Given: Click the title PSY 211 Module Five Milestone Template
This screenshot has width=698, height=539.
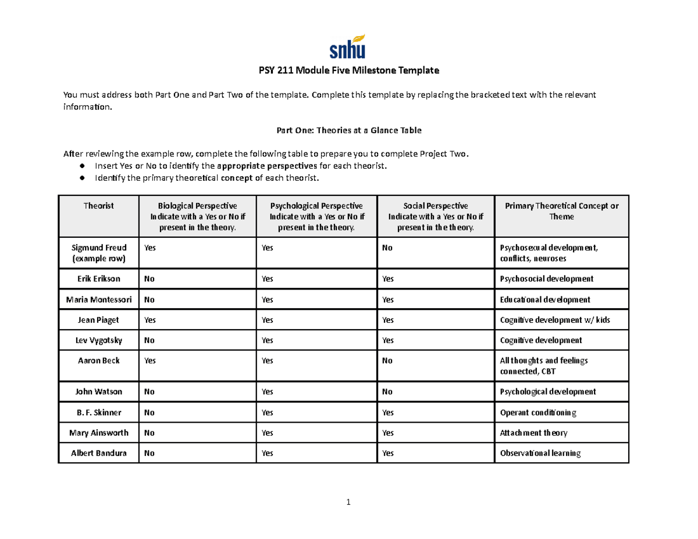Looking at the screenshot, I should point(348,71).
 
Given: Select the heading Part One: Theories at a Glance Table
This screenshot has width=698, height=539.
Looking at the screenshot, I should point(348,131).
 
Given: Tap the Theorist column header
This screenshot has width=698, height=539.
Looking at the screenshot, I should point(98,206).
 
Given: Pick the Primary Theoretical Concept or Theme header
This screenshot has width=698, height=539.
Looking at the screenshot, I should point(561,211).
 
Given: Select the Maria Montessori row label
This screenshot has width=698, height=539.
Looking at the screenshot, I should point(98,299).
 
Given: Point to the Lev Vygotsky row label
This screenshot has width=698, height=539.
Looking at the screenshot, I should point(98,340).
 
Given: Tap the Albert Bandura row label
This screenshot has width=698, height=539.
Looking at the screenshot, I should point(98,454).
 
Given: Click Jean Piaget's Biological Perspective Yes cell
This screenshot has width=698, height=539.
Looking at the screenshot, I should point(150,320).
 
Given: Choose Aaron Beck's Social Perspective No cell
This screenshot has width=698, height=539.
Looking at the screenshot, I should point(387,360).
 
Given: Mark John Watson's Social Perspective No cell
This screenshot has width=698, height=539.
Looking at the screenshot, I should point(387,392).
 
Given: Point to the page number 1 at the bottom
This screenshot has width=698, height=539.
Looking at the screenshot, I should point(348,502).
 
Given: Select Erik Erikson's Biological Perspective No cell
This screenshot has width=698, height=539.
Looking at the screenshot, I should point(149,279).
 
